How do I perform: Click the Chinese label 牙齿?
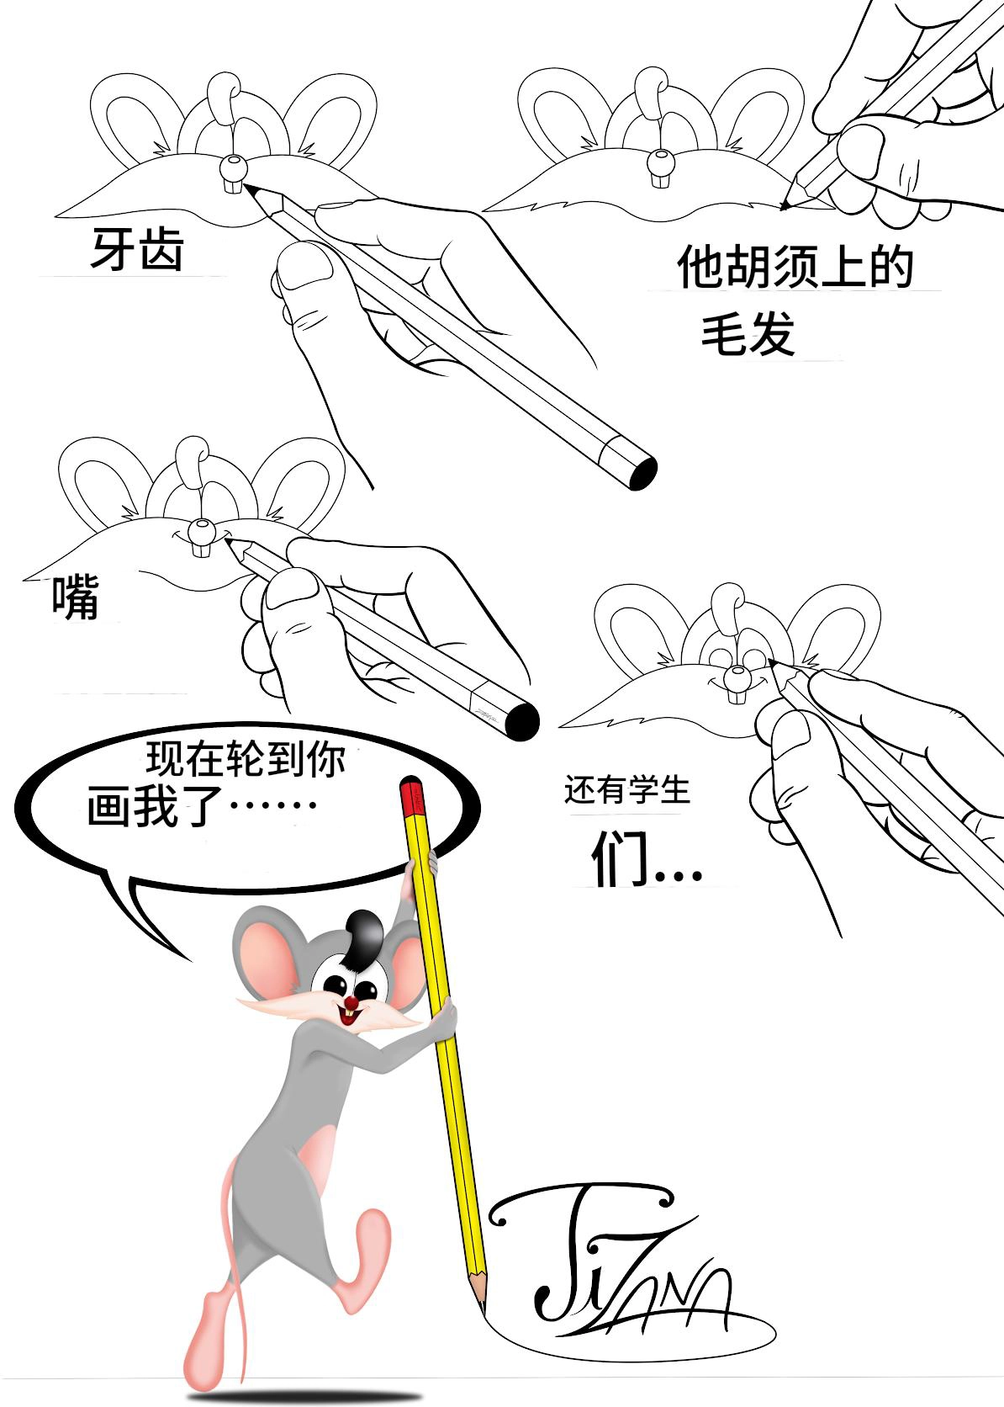(137, 249)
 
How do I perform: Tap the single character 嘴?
(76, 597)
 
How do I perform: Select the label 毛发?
(748, 333)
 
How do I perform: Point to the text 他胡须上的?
(795, 267)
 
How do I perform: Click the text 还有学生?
(627, 789)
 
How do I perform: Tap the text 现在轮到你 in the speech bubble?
(246, 759)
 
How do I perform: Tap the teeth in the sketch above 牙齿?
(233, 186)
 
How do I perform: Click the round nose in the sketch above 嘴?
(202, 531)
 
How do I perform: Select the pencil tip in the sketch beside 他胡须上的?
(785, 204)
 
